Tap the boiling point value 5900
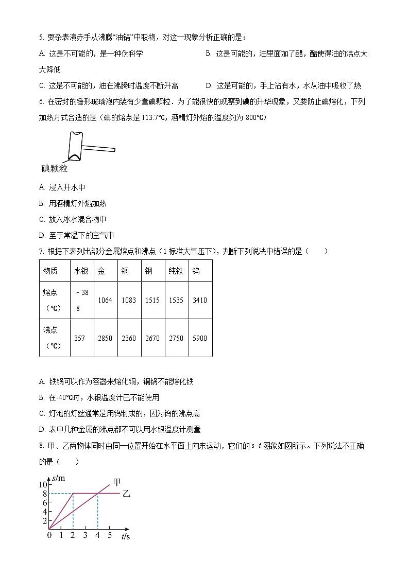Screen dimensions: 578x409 (x=199, y=338)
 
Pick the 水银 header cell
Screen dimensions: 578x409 (x=81, y=271)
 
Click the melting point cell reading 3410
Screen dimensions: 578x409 (x=199, y=300)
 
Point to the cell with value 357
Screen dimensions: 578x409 (x=80, y=338)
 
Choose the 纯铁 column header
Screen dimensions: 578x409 (x=176, y=271)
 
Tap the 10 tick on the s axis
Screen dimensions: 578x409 (x=43, y=484)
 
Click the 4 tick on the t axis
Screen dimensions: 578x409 (x=97, y=535)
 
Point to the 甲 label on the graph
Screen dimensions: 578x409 (x=117, y=482)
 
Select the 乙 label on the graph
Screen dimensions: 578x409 (x=126, y=494)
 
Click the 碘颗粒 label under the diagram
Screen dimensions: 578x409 (x=54, y=168)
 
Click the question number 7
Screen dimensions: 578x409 (x=41, y=251)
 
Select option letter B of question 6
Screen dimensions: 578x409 (x=41, y=203)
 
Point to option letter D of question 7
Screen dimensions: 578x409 (x=41, y=429)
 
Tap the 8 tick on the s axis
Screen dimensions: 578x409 (x=44, y=494)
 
